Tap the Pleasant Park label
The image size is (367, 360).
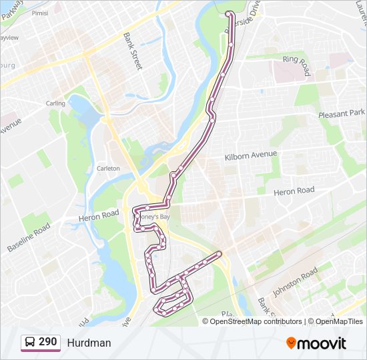[342, 113]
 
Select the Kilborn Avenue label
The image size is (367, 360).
[251, 155]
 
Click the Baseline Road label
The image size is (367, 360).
[29, 237]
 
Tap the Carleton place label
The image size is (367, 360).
[108, 169]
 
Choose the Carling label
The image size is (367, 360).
[55, 103]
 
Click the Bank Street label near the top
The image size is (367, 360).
[133, 51]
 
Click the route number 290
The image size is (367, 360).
[48, 342]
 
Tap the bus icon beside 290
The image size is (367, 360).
[30, 343]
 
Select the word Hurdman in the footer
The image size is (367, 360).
[89, 343]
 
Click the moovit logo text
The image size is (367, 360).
[322, 343]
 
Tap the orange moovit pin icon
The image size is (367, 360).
[291, 343]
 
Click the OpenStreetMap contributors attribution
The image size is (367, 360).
[257, 321]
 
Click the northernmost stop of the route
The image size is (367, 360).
[229, 13]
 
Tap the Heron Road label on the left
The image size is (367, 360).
[99, 215]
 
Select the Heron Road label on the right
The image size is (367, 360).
[294, 191]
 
